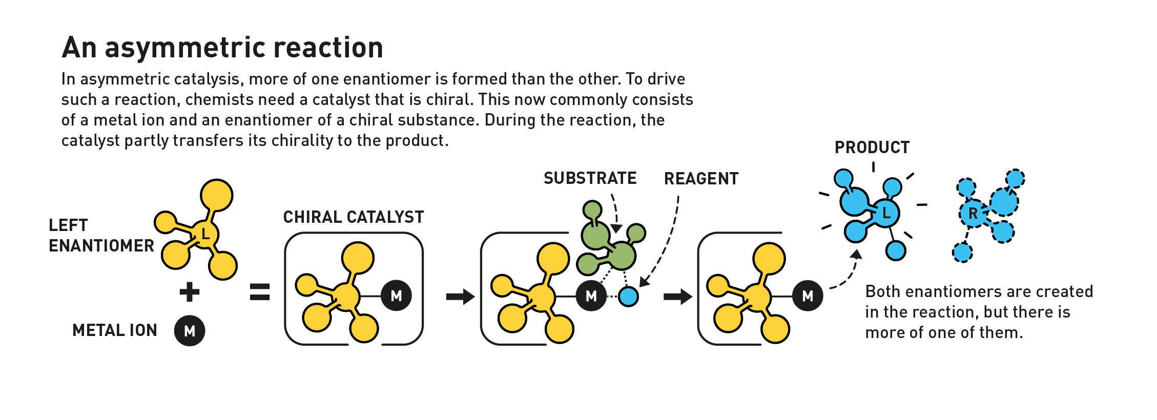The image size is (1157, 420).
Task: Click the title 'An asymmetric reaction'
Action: (x=222, y=48)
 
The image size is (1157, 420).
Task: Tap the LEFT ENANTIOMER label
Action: (x=101, y=236)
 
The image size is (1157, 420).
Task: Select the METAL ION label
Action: (x=115, y=330)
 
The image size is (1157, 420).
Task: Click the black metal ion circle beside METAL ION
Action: (x=190, y=331)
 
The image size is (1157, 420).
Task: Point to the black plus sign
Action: (x=190, y=292)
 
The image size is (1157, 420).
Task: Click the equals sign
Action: (x=260, y=292)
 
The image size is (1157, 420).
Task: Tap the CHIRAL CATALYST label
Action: (x=354, y=217)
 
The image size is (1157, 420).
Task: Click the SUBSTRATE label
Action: (x=590, y=178)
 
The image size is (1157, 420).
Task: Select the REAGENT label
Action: (x=701, y=179)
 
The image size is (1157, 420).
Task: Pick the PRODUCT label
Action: (x=872, y=148)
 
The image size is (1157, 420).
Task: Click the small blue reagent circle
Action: (x=628, y=297)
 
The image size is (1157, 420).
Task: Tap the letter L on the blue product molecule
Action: (x=886, y=212)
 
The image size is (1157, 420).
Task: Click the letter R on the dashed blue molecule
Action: (x=973, y=214)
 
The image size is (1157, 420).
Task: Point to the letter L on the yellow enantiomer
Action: (x=205, y=235)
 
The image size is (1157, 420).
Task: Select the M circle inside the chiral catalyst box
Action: (x=396, y=296)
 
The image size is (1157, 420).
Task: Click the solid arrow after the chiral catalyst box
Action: (x=461, y=296)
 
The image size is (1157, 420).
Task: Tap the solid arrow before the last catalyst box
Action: (x=678, y=296)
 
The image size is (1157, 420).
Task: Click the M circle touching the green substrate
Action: (x=591, y=296)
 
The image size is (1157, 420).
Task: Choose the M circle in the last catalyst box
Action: (x=808, y=296)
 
